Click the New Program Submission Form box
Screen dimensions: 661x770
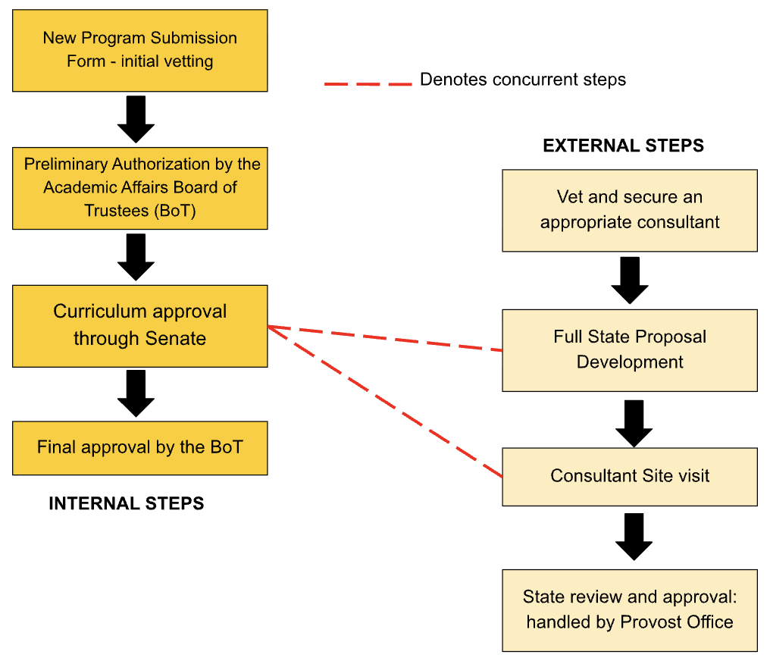tap(139, 50)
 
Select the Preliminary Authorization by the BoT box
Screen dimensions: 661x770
tap(139, 188)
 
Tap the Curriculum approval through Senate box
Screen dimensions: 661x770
tap(139, 325)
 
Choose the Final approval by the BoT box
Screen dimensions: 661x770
tap(139, 447)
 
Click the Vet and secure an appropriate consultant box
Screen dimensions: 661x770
tap(629, 210)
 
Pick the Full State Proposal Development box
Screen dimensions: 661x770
tap(629, 349)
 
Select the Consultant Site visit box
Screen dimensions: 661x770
tap(629, 476)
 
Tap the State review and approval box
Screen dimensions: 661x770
tap(629, 610)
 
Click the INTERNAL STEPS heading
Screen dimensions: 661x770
tap(126, 503)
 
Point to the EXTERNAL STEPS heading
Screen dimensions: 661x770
tap(623, 146)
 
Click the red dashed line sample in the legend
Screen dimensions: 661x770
tap(368, 83)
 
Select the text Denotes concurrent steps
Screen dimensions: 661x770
tap(523, 80)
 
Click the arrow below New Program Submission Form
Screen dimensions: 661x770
tap(136, 119)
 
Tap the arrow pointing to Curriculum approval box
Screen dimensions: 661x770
tap(136, 257)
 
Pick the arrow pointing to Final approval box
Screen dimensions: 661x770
tap(136, 393)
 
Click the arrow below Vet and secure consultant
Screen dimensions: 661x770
tap(629, 280)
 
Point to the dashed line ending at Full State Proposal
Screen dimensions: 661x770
tap(387, 339)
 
